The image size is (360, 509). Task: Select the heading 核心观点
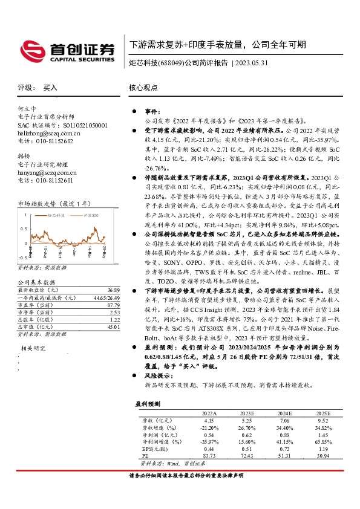coord(143,88)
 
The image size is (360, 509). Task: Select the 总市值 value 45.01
coord(111,326)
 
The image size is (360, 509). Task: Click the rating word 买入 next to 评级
coord(50,88)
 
